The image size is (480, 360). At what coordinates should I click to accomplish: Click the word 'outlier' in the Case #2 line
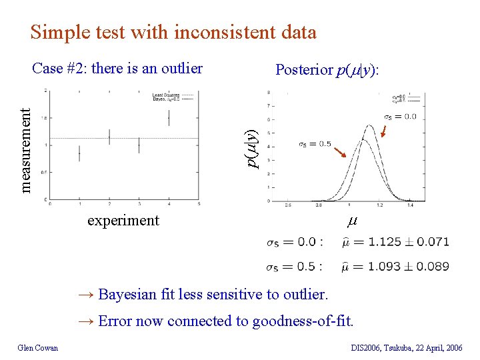point(181,68)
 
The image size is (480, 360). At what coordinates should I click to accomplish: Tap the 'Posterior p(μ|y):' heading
point(327,69)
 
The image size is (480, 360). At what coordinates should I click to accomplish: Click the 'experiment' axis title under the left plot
point(123,220)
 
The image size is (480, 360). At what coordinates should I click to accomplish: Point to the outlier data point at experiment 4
point(169,117)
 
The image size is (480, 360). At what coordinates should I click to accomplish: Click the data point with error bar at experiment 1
point(79,153)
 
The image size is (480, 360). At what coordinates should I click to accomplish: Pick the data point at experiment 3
point(139,145)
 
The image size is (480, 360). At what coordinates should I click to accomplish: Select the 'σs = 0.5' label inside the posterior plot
point(314,144)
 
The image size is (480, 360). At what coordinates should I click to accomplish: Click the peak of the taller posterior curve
point(368,125)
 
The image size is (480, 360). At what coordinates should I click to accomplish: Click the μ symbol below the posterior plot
point(351,221)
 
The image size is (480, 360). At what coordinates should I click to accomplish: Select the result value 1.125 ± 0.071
point(409,241)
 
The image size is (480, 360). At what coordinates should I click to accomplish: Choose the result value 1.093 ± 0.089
point(409,267)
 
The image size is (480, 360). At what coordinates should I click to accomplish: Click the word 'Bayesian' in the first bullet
point(127,294)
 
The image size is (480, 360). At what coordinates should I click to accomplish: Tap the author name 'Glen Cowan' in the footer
point(38,347)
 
